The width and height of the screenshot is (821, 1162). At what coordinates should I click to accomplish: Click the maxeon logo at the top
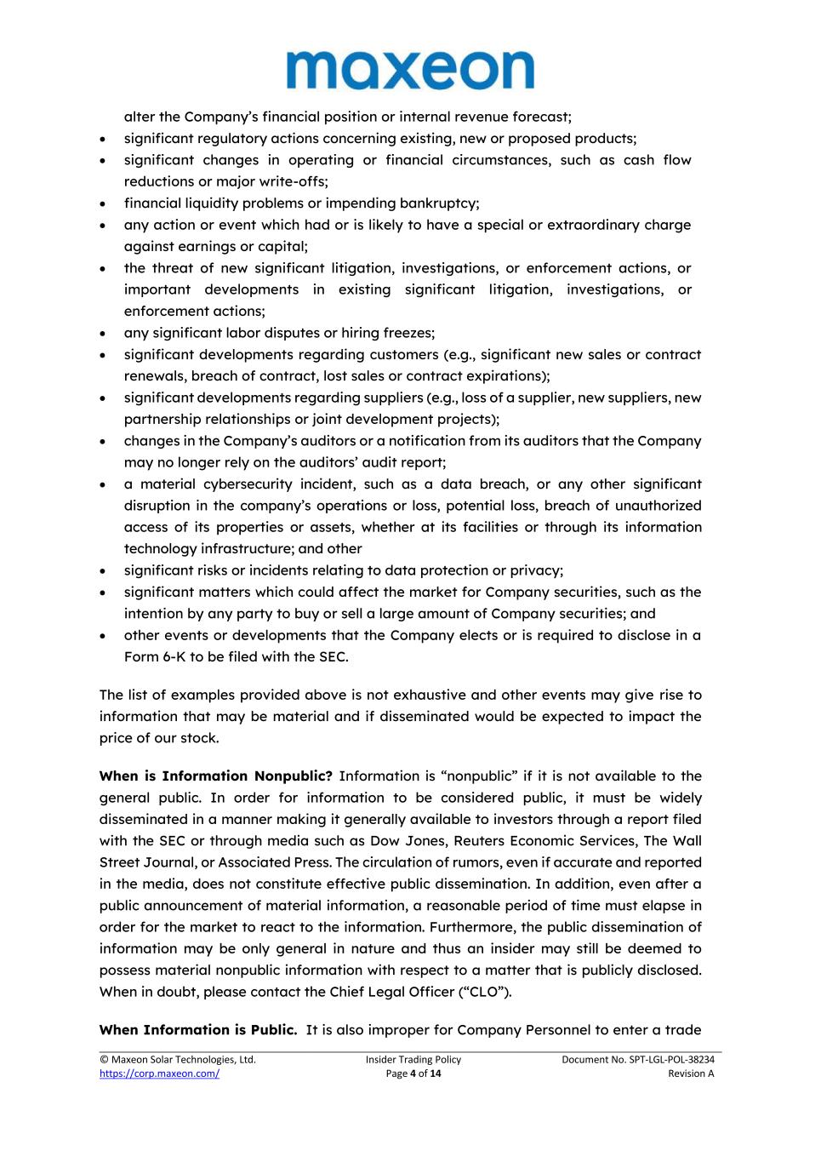410,70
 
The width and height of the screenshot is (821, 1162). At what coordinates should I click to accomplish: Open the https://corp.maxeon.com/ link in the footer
159,1073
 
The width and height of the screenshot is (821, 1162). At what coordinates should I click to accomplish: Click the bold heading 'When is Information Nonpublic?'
215,776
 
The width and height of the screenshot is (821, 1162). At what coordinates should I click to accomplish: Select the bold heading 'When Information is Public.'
197,1029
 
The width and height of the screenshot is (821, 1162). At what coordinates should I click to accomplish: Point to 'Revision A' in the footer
691,1073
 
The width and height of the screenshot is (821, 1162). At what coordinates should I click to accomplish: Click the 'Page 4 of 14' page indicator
413,1073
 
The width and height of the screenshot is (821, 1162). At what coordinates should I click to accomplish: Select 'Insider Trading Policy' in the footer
413,1059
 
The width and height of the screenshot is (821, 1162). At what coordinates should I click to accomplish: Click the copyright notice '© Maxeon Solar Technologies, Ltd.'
178,1059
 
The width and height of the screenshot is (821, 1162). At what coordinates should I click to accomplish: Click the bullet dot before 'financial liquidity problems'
103,203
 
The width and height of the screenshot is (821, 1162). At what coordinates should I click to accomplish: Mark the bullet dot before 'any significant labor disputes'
103,334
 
